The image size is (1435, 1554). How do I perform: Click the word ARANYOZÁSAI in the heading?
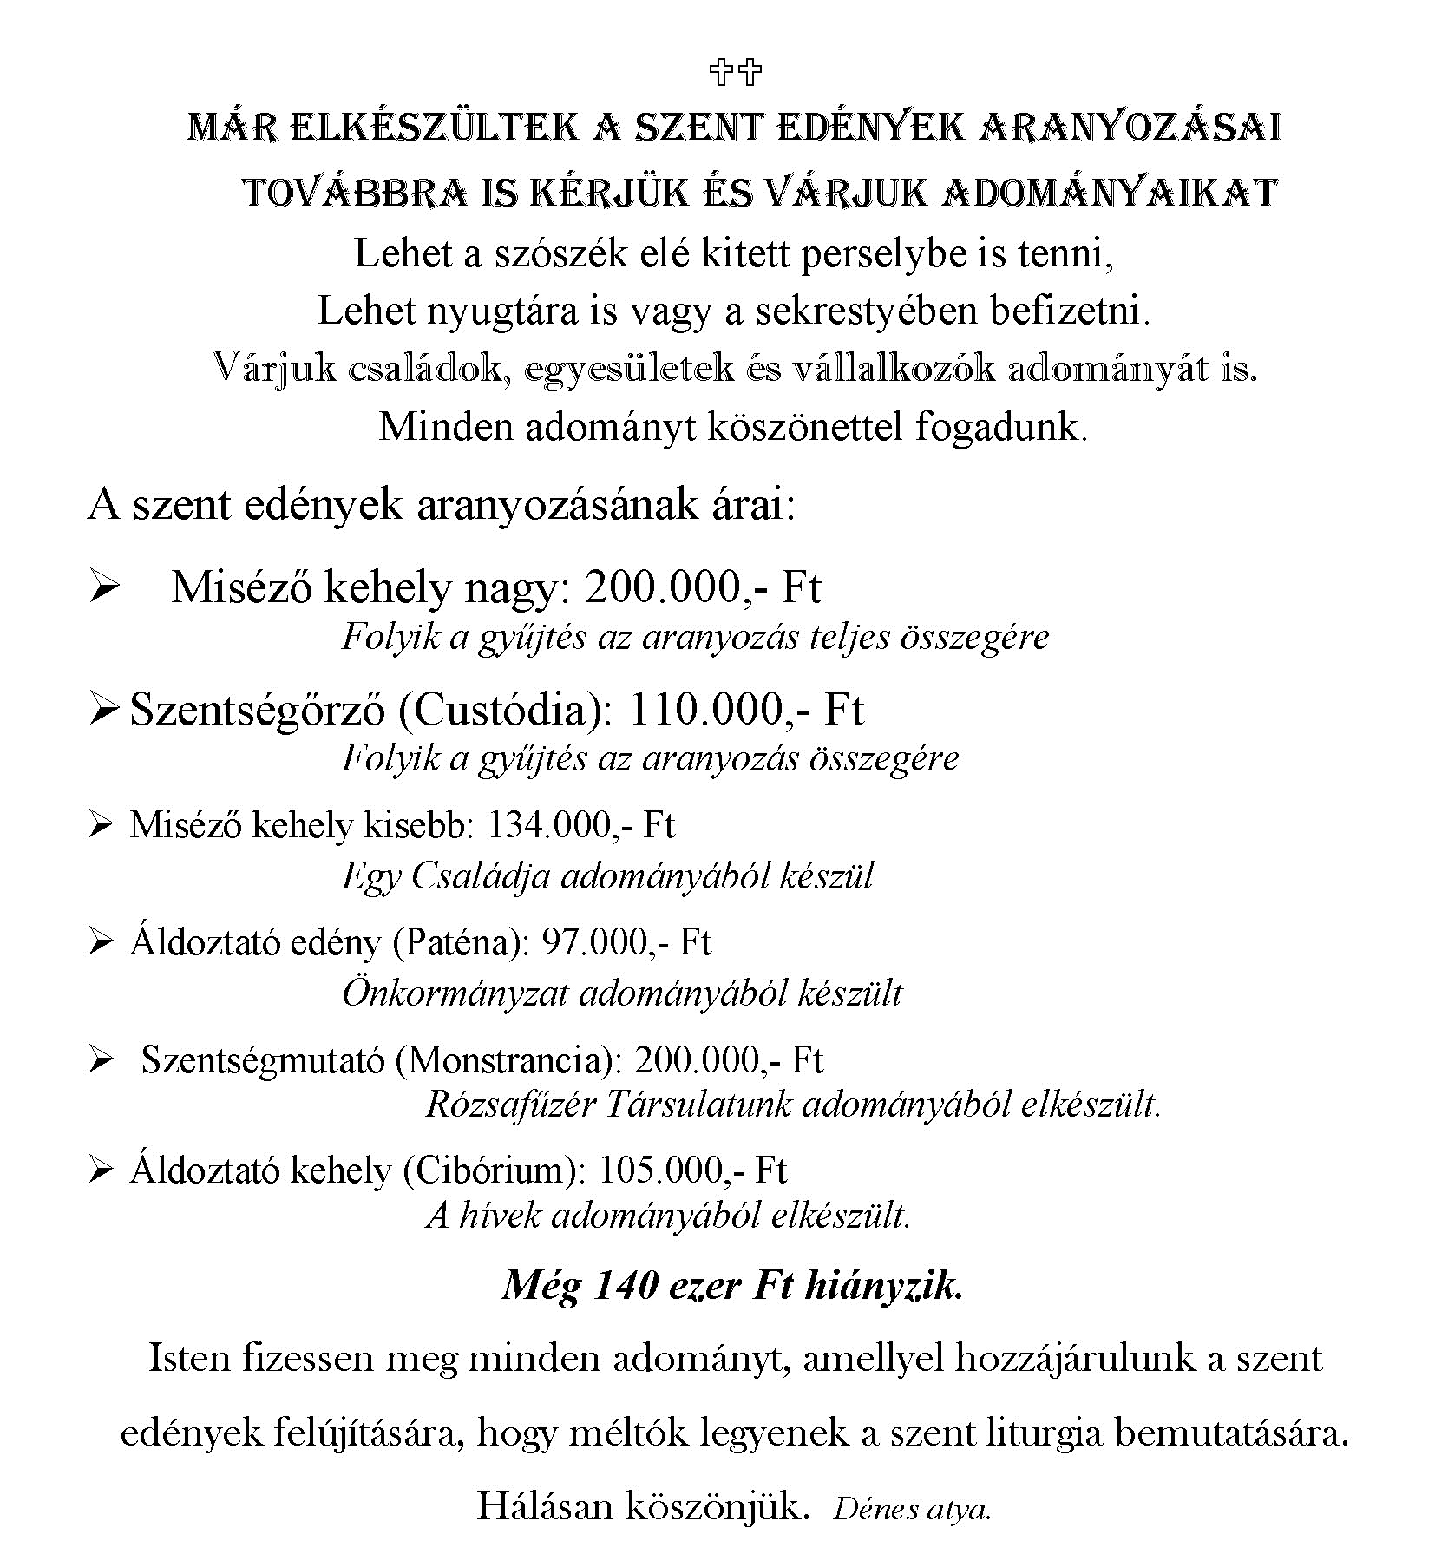(x=1130, y=129)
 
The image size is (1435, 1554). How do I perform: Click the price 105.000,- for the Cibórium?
(x=672, y=1170)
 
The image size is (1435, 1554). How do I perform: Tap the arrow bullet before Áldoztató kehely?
(x=102, y=1171)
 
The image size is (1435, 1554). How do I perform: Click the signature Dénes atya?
(x=912, y=1511)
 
